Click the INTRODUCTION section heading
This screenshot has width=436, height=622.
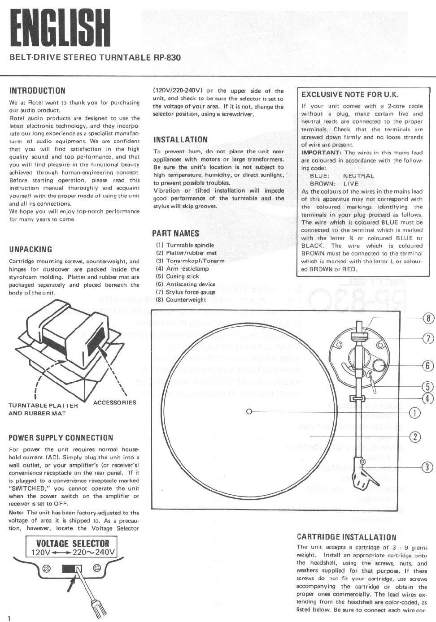click(x=37, y=91)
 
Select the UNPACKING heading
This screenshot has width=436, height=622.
click(x=31, y=249)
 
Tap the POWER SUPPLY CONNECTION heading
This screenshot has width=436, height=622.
click(x=61, y=438)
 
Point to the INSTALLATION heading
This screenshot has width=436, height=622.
click(x=180, y=140)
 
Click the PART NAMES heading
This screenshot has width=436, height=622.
click(x=175, y=233)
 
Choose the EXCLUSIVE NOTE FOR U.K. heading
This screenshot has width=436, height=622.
click(x=350, y=95)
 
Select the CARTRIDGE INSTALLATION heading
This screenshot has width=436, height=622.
click(x=347, y=537)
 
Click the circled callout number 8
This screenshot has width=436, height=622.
click(x=429, y=319)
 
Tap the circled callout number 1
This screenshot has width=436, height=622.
click(x=416, y=413)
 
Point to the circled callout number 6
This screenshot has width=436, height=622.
click(x=429, y=366)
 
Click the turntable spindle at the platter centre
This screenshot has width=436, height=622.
click(x=249, y=411)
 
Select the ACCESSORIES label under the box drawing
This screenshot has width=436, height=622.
click(x=115, y=402)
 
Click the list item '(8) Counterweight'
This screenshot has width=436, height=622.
click(x=181, y=300)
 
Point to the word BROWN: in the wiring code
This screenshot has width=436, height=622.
click(x=323, y=184)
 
